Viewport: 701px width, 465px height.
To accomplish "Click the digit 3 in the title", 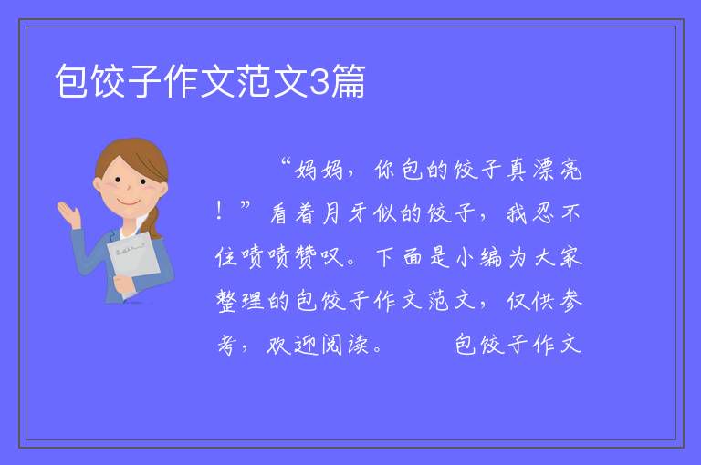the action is pos(319,82).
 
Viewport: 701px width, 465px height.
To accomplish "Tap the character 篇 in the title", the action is pos(348,81).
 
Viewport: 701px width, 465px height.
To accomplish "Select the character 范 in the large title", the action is pos(254,81).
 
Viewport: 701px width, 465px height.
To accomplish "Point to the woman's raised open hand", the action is pos(68,213).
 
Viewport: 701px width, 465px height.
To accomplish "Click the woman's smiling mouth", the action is pos(129,201).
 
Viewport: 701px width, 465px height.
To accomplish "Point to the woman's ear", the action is pos(98,185).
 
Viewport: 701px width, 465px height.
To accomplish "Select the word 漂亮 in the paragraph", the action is pos(557,170).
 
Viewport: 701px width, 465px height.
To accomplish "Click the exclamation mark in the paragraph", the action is pos(219,211).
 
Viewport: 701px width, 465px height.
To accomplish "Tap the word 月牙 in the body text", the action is pos(344,213).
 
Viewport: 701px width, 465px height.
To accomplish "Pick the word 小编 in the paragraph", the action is pos(478,258).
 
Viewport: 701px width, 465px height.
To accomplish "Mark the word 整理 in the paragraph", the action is pos(239,300).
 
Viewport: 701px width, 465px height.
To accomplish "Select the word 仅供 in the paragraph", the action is pos(529,300).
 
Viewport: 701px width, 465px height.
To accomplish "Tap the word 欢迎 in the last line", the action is pos(292,345).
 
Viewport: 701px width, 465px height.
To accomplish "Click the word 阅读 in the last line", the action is pos(344,345).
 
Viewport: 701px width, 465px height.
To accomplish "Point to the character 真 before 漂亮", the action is pos(518,170).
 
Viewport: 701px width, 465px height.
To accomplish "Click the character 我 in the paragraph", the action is pos(517,213).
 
